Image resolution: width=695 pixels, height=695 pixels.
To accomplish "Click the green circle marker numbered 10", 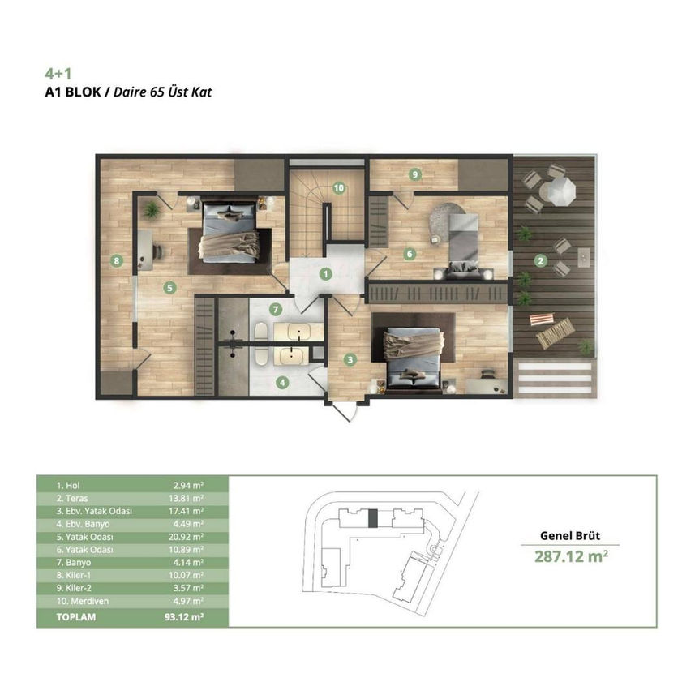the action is pyautogui.click(x=339, y=188).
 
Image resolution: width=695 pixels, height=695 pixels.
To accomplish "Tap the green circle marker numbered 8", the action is pyautogui.click(x=117, y=260).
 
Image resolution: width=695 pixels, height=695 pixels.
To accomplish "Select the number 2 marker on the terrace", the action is pyautogui.click(x=540, y=260).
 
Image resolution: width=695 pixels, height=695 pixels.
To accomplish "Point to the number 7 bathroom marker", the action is pyautogui.click(x=276, y=309).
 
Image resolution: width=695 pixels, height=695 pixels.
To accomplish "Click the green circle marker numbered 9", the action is pyautogui.click(x=415, y=174).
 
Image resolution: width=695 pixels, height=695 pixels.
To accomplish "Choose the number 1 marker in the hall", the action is pyautogui.click(x=326, y=274).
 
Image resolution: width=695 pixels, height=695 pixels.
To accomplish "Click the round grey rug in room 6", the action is pyautogui.click(x=446, y=218).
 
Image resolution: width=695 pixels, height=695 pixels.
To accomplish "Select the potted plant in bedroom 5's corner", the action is pyautogui.click(x=152, y=209).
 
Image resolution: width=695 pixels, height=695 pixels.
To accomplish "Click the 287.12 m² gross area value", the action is pyautogui.click(x=572, y=556).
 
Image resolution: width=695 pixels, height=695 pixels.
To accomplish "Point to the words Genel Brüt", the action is pyautogui.click(x=570, y=535).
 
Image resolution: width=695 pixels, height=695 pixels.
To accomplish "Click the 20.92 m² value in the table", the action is pyautogui.click(x=187, y=537).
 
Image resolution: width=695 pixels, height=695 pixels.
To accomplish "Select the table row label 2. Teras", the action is pyautogui.click(x=72, y=498).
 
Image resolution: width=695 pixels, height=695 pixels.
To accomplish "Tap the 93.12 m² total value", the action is pyautogui.click(x=184, y=617).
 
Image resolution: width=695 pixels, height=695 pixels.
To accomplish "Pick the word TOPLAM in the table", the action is pyautogui.click(x=76, y=617).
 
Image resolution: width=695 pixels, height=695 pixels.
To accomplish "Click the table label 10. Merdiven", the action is pyautogui.click(x=83, y=601).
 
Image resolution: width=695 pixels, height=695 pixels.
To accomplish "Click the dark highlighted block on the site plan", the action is pyautogui.click(x=373, y=518).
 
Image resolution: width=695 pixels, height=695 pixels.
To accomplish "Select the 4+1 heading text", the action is pyautogui.click(x=58, y=74).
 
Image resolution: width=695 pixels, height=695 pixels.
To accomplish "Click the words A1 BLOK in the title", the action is pyautogui.click(x=73, y=92).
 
